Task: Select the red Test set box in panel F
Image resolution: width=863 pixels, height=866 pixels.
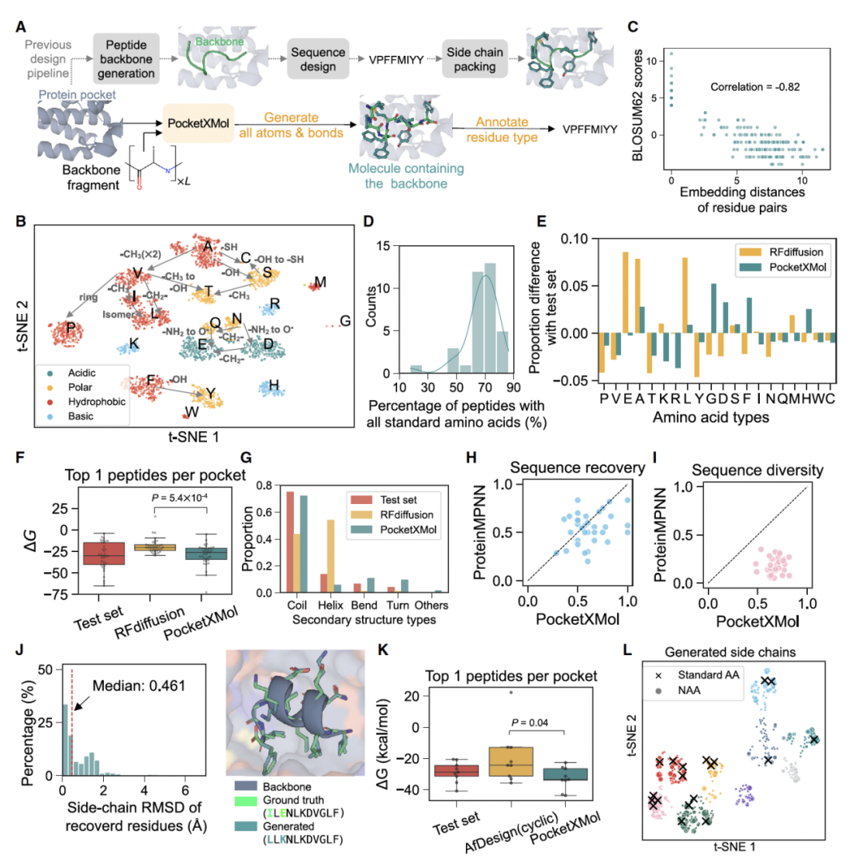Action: (x=104, y=552)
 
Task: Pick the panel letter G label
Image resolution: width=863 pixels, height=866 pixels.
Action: (x=245, y=457)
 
